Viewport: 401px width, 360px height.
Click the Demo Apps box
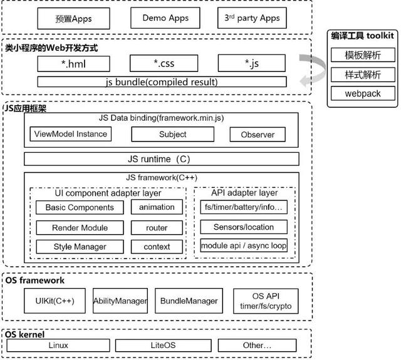[x=165, y=18]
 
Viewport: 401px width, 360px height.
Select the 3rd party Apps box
[x=252, y=18]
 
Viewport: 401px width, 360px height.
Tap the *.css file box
[x=164, y=63]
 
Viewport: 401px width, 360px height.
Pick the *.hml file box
[x=74, y=64]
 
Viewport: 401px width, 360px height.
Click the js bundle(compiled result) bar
[x=162, y=82]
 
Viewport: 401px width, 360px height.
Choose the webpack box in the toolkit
[x=363, y=93]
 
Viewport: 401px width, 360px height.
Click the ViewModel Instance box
[x=71, y=134]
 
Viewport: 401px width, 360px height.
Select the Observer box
[x=258, y=135]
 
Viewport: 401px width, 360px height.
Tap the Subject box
[x=173, y=135]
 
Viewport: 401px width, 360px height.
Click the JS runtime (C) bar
[x=162, y=159]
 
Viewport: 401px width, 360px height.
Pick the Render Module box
[x=80, y=228]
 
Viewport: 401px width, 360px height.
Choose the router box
[x=157, y=228]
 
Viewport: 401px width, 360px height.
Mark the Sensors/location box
[x=244, y=227]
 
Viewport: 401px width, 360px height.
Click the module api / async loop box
[x=244, y=245]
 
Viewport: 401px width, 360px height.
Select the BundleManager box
[x=189, y=301]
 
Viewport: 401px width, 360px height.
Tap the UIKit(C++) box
[x=55, y=301]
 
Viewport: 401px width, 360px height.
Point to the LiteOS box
[x=163, y=346]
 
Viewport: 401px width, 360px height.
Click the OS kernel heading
[x=24, y=334]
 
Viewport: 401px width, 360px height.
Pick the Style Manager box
[x=80, y=247]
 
